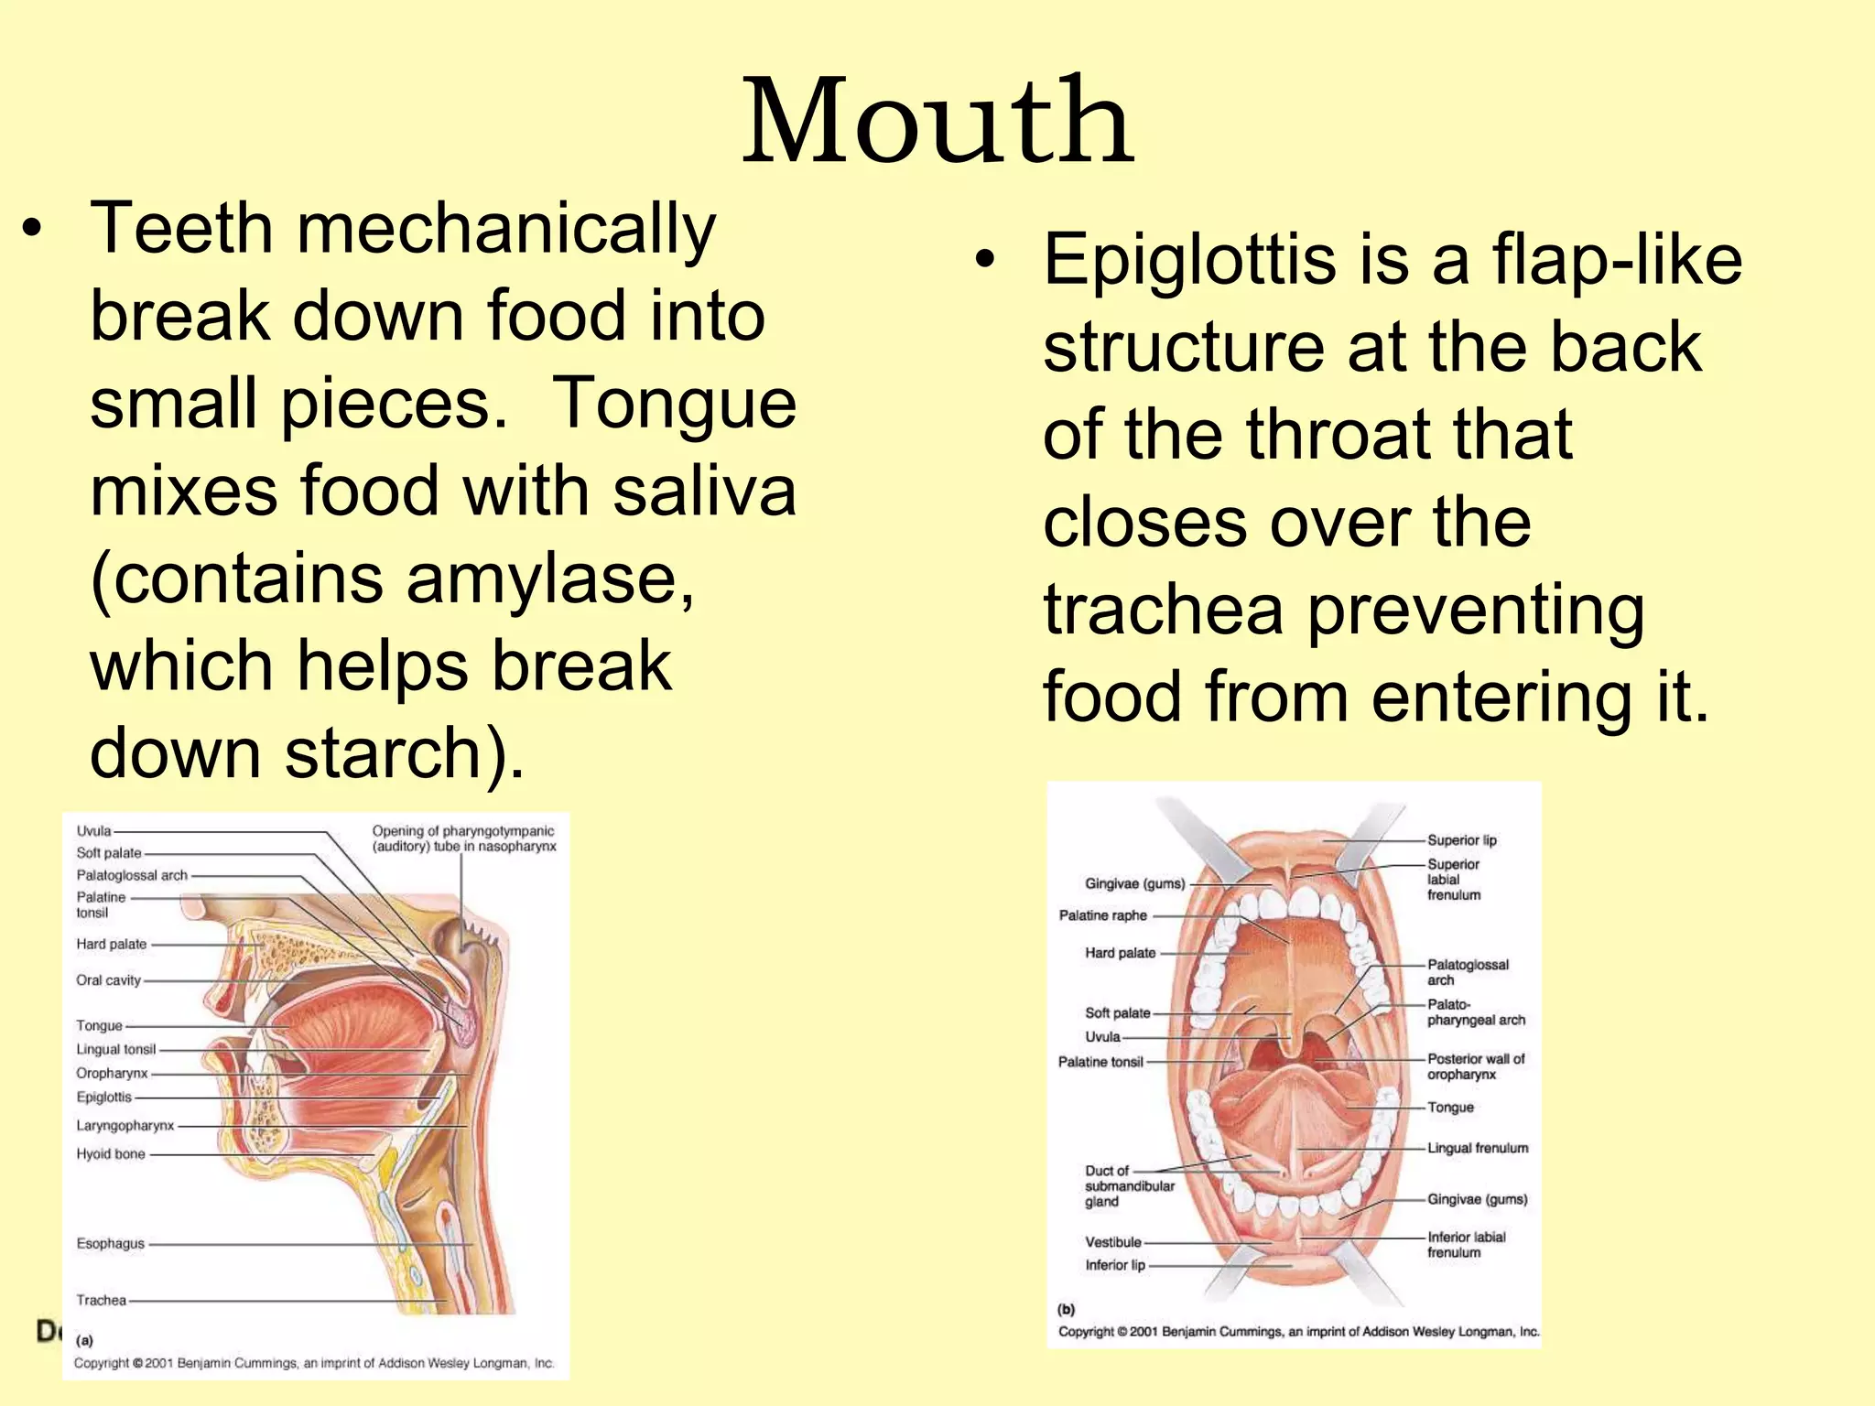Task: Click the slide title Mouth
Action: click(937, 121)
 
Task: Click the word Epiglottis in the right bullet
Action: click(1189, 260)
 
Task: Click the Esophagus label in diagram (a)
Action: click(110, 1243)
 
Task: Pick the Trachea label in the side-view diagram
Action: click(101, 1300)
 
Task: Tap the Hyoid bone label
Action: click(110, 1154)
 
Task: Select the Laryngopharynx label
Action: click(125, 1126)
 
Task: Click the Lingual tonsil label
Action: click(115, 1049)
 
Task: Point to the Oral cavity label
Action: click(108, 980)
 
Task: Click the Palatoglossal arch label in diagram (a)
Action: click(132, 875)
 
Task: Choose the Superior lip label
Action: click(1461, 840)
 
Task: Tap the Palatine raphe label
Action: click(1102, 915)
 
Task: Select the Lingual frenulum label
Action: click(1478, 1148)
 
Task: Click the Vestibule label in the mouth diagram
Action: click(1113, 1242)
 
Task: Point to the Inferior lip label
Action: click(1115, 1265)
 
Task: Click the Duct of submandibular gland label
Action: click(1129, 1186)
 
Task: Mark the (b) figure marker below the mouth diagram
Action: click(1067, 1309)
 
